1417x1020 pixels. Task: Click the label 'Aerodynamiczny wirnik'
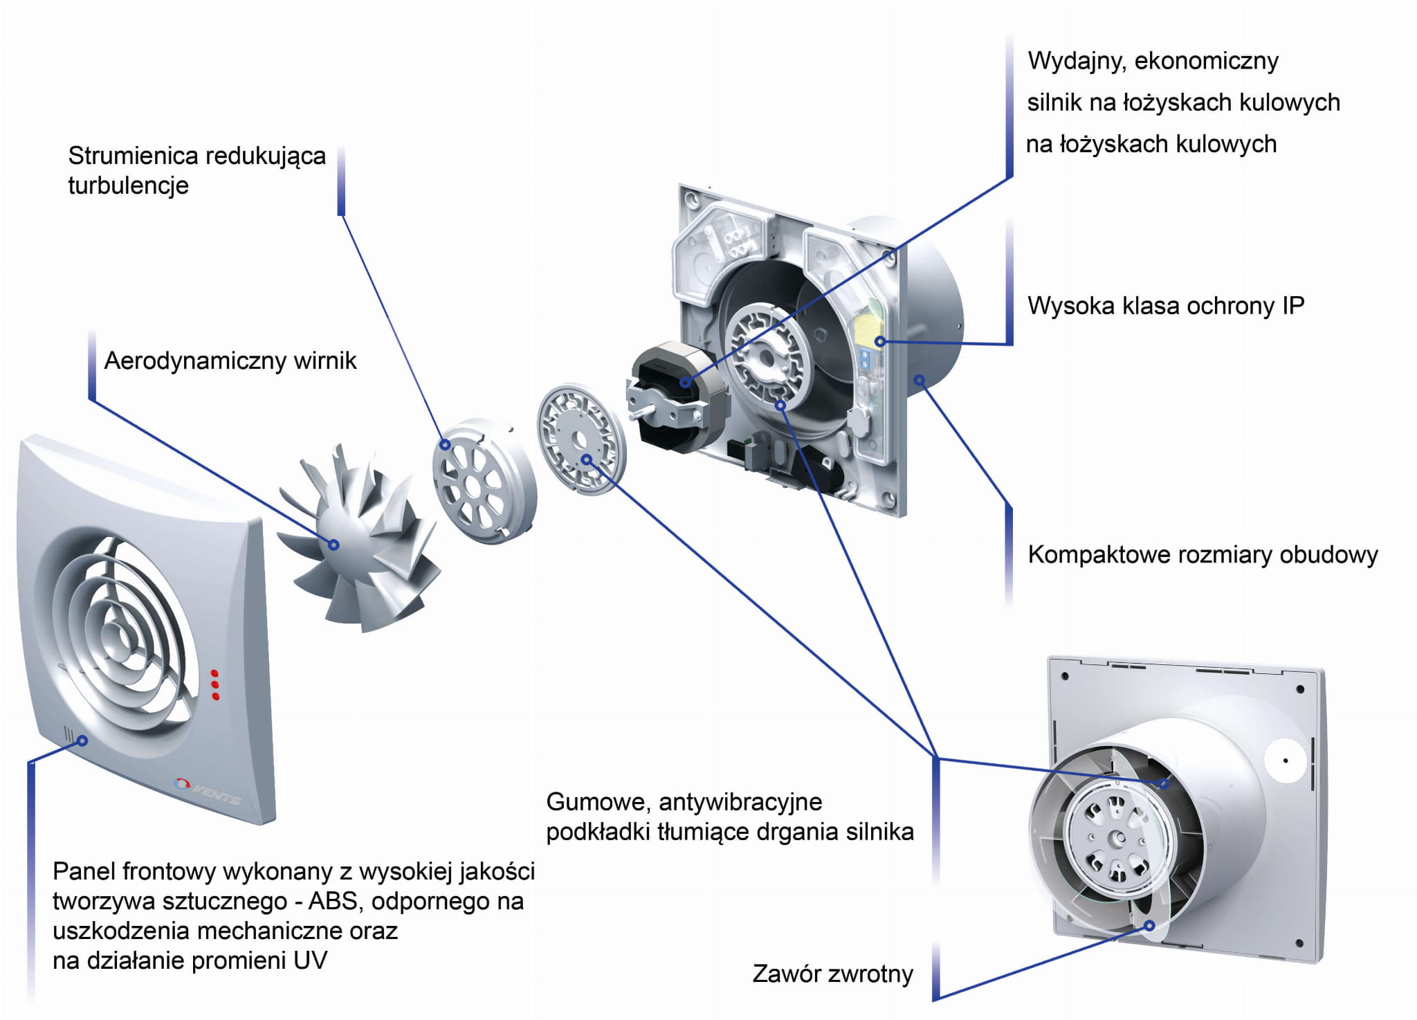[x=230, y=361]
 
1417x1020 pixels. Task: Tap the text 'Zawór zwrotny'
[x=832, y=974]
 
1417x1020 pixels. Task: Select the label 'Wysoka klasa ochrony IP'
[x=1165, y=305]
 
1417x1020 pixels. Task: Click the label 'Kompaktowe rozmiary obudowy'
[x=1203, y=554]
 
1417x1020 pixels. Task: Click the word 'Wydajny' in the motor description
[x=1075, y=61]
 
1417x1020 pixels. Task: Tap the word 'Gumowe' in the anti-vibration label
[x=598, y=801]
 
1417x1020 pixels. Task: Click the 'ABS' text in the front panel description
[x=332, y=901]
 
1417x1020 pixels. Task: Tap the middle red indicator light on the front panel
[x=215, y=684]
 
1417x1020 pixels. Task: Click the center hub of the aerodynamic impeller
[x=333, y=545]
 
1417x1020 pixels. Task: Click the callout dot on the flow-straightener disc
[x=446, y=445]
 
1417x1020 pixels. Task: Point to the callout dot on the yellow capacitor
[x=880, y=341]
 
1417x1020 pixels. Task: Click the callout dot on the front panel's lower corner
[x=82, y=740]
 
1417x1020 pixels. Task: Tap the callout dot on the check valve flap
[x=1149, y=925]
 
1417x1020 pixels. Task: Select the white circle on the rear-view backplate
[x=1285, y=761]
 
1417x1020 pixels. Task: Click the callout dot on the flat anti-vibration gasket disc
[x=586, y=459]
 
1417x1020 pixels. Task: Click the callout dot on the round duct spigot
[x=920, y=380]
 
